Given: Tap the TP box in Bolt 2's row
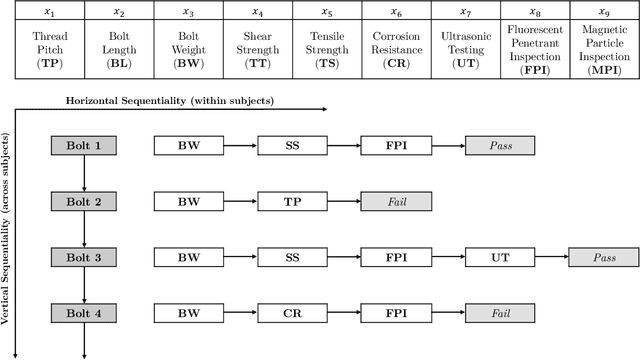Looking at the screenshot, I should (293, 202).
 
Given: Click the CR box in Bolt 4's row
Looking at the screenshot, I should (293, 314).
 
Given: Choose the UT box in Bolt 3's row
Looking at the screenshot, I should (500, 258).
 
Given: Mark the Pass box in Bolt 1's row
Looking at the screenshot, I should (500, 146).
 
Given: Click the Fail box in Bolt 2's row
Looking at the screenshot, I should (396, 202).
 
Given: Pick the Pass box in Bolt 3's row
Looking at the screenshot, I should (604, 258).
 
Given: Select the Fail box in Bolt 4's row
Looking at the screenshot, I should (500, 314).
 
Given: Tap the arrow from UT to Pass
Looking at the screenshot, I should (552, 258).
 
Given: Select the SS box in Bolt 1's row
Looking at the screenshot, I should (293, 146).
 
